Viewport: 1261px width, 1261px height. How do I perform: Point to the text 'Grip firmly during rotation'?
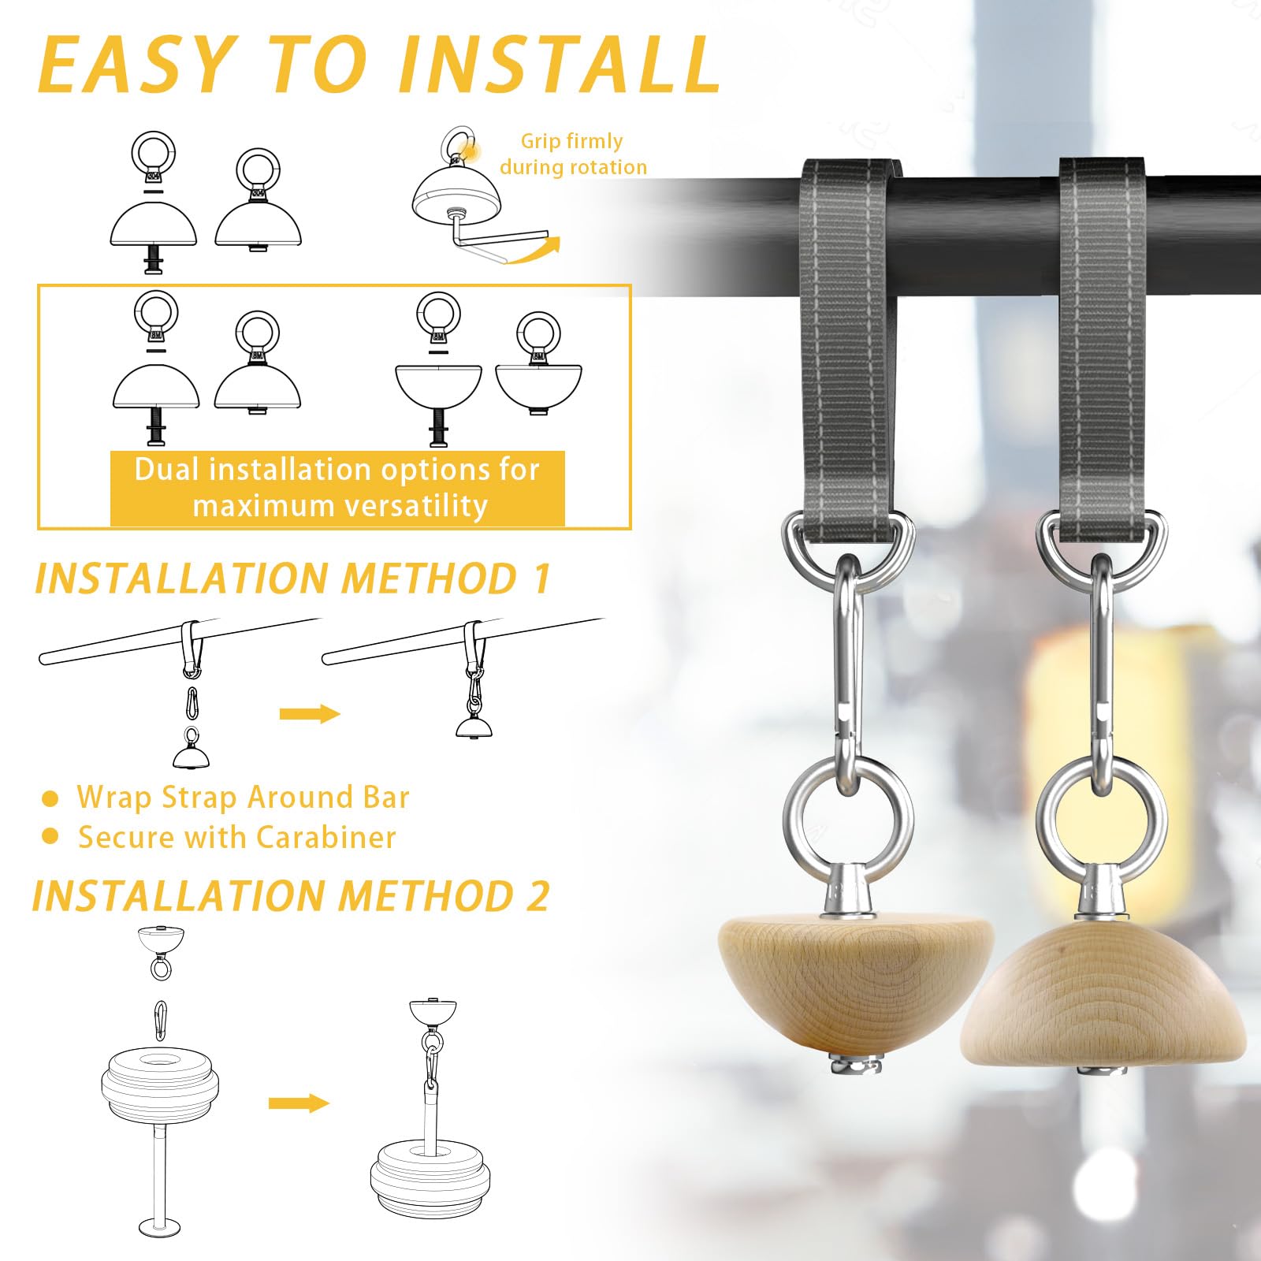tap(573, 154)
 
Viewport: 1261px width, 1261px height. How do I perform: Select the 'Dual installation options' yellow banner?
tap(337, 488)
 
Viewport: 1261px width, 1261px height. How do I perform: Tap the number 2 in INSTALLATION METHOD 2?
tap(538, 896)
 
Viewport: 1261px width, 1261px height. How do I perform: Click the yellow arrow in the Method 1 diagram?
tap(310, 714)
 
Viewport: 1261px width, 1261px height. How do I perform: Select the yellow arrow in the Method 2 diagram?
tap(299, 1103)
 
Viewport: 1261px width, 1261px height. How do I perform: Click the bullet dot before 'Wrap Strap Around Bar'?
tap(50, 799)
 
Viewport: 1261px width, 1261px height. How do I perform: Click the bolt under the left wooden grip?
tap(854, 1065)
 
